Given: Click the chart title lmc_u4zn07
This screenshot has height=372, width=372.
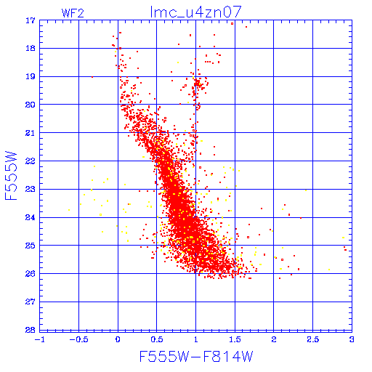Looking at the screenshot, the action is tap(195, 12).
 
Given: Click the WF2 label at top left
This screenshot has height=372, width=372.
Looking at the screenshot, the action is tap(73, 13).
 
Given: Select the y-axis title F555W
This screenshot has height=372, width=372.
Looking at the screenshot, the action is tap(11, 176).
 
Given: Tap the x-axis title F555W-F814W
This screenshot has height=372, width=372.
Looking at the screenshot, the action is tap(196, 356).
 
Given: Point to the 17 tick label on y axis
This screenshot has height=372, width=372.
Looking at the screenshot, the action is tap(31, 20).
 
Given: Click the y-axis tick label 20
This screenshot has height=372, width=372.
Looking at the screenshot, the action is tap(31, 105).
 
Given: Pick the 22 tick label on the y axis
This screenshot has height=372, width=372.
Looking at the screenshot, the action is tap(31, 161).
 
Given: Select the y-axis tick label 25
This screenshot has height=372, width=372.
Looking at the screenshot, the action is tap(31, 246).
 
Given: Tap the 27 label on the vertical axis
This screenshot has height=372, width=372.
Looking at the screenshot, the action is tap(31, 302).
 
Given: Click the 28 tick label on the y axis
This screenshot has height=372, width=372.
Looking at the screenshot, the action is tap(31, 330).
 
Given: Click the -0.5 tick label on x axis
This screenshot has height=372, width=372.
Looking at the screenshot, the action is tap(78, 339).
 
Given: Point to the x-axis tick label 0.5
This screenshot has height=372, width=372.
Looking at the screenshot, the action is tap(157, 339).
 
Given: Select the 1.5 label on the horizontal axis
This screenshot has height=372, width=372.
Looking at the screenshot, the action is tap(235, 339).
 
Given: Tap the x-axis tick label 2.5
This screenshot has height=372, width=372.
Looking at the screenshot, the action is tap(312, 339).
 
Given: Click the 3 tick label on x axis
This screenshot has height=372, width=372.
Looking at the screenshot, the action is tap(352, 339).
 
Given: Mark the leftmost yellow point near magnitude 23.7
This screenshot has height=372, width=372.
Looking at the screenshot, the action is tap(69, 210).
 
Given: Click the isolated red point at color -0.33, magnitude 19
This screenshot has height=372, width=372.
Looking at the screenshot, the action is tap(92, 77).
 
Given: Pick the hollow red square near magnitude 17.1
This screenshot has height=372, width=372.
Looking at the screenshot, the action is tap(232, 23).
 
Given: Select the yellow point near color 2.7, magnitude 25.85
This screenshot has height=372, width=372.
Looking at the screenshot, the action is tap(329, 270).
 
